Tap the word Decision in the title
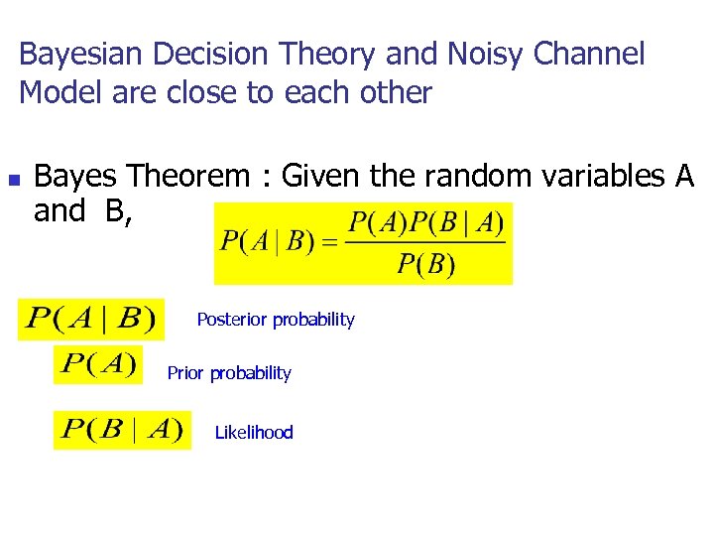click(195, 54)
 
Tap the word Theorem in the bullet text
click(189, 177)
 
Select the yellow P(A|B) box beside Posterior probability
click(91, 319)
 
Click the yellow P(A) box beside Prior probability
click(98, 364)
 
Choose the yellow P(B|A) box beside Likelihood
click(122, 430)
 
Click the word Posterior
click(232, 320)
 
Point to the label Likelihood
click(254, 433)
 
